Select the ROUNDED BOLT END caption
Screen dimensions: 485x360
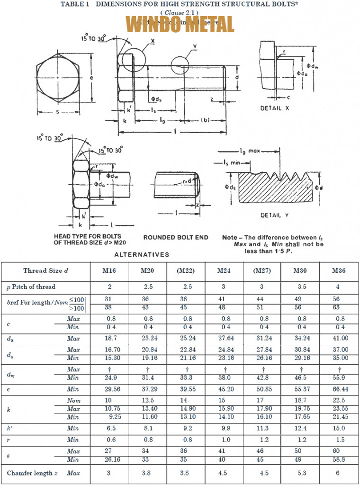coord(176,237)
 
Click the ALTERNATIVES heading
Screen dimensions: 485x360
coord(142,254)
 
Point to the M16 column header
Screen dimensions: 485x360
coord(109,271)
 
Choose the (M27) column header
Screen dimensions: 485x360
coord(263,271)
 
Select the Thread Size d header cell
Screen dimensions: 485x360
coord(45,271)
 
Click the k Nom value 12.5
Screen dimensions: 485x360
coord(148,401)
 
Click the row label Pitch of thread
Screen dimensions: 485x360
coord(34,287)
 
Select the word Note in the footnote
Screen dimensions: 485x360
coord(230,237)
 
